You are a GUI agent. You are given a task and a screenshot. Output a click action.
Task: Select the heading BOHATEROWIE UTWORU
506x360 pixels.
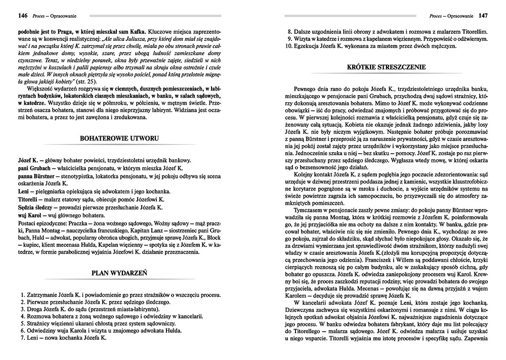click(x=120, y=138)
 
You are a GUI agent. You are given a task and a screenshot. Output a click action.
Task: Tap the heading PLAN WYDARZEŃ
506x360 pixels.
click(x=119, y=273)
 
